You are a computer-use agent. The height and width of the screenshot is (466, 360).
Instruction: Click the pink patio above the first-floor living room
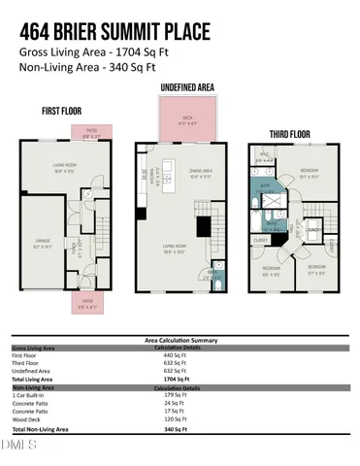coord(93,134)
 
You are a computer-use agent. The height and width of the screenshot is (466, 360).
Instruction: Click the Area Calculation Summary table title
coord(180,341)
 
